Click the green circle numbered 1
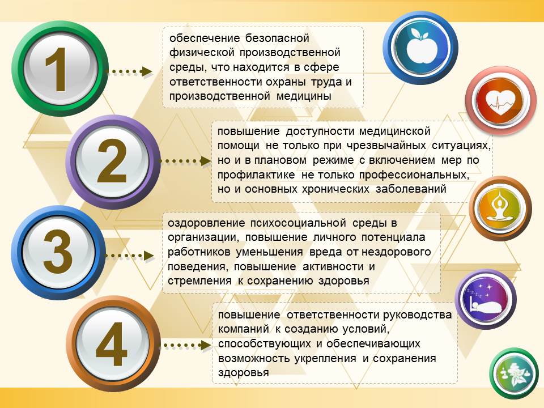click(x=59, y=69)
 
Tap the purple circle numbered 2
click(x=113, y=161)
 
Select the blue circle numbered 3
click(x=58, y=252)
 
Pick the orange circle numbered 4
click(x=113, y=344)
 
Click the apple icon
click(x=420, y=48)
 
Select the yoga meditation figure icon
click(x=500, y=208)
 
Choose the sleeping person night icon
click(x=486, y=299)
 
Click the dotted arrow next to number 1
click(x=129, y=72)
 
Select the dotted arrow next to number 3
click(x=130, y=256)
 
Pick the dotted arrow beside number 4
click(x=186, y=346)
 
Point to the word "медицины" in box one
click(x=304, y=96)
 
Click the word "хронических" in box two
click(x=335, y=189)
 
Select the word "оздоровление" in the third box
click(x=206, y=223)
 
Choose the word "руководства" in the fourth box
click(x=418, y=314)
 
